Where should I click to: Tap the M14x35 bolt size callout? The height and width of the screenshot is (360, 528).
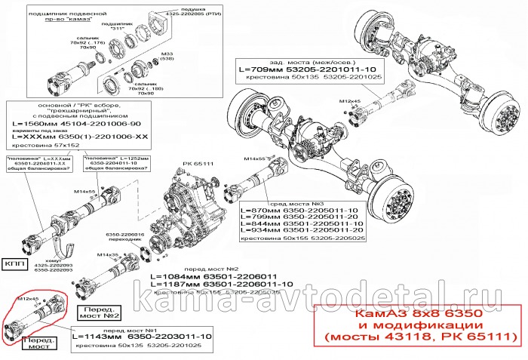[x=108, y=255]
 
